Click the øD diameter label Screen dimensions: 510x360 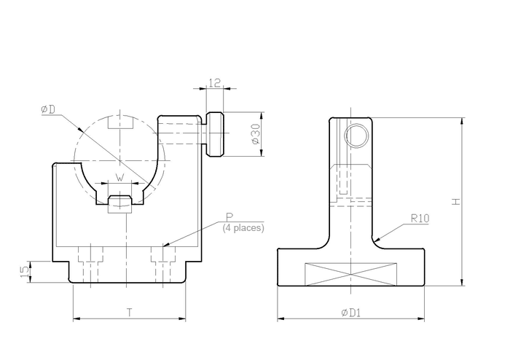click(x=48, y=109)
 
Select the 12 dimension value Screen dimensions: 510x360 click(x=215, y=82)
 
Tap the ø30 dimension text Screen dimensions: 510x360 click(x=256, y=133)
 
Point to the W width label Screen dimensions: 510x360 click(x=120, y=178)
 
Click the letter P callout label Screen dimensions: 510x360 click(x=229, y=217)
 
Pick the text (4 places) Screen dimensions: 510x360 click(x=243, y=227)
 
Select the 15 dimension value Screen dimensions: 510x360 click(x=25, y=272)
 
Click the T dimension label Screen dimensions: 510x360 click(x=130, y=313)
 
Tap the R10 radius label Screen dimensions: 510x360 click(x=420, y=218)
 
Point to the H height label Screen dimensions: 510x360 click(x=456, y=202)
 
